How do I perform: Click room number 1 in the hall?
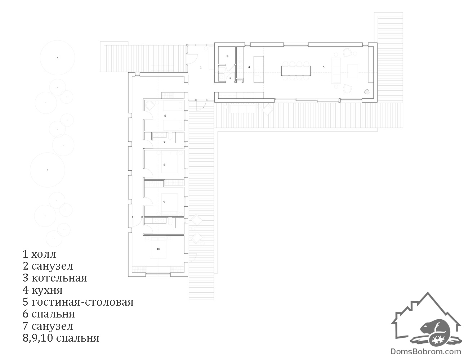(201, 67)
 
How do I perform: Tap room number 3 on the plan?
(227, 56)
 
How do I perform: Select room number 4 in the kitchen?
(249, 67)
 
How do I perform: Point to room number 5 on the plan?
(323, 67)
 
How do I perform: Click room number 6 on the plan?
(165, 116)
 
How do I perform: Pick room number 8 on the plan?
(164, 165)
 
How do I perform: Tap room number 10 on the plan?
(158, 249)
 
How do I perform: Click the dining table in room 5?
(296, 71)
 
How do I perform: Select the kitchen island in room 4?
(259, 69)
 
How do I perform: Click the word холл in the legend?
(44, 255)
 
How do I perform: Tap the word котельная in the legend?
(59, 278)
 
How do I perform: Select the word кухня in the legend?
(47, 290)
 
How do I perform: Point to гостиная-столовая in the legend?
(82, 302)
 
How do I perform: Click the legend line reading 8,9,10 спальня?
(61, 338)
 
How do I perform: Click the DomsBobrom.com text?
(426, 351)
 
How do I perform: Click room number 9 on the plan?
(164, 202)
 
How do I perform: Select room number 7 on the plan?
(164, 142)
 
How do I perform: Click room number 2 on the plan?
(230, 78)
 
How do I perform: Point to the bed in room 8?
(170, 162)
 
